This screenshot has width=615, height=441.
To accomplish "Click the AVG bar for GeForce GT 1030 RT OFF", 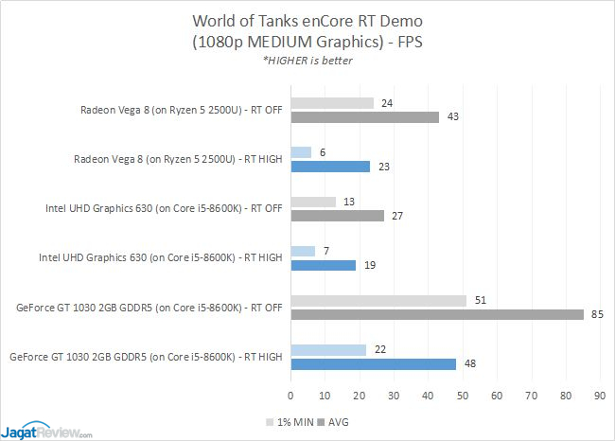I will click(437, 315).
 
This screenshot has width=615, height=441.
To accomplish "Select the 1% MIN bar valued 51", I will click(378, 300).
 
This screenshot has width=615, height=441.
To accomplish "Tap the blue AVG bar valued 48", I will click(373, 364).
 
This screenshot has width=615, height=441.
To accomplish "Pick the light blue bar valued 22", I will click(328, 349).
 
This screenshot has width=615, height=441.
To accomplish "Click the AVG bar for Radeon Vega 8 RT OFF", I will click(364, 117).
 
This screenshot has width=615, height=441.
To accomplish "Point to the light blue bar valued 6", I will click(301, 152).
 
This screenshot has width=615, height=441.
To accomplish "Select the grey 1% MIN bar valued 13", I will click(313, 202).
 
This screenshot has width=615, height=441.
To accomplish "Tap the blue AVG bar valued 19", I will click(324, 266).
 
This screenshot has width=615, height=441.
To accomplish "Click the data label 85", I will click(597, 315).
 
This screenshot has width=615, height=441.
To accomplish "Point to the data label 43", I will click(452, 117).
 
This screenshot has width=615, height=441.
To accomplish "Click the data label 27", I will click(397, 216).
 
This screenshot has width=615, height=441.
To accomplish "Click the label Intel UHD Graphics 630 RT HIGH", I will click(160, 256).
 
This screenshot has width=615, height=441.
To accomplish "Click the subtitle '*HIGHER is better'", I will click(308, 62).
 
